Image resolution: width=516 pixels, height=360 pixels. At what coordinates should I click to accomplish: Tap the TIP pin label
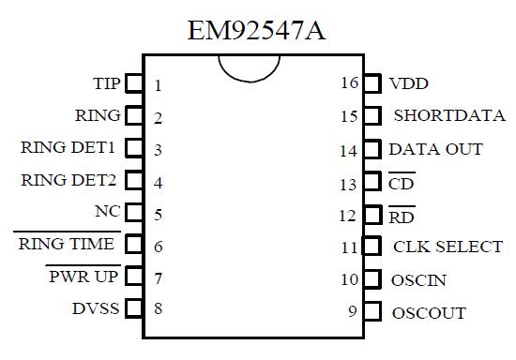point(106,83)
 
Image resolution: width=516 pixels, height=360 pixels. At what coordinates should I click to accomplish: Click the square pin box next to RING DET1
point(133,148)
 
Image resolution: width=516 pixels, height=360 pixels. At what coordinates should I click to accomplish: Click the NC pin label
point(108,212)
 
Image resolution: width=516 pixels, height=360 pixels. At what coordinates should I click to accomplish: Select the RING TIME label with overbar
point(68,244)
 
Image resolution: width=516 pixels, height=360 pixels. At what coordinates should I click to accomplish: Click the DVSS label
point(96,307)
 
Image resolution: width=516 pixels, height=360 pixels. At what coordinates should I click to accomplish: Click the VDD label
point(408,84)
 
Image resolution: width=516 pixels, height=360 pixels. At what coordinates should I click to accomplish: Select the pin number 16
point(349,83)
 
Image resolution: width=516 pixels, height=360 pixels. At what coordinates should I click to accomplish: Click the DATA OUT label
point(435,149)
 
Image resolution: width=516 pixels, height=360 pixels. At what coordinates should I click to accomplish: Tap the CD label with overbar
point(401,183)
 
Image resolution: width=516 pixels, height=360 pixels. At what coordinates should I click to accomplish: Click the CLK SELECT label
point(447,247)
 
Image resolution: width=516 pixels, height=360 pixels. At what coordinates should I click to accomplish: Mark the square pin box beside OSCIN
point(372,279)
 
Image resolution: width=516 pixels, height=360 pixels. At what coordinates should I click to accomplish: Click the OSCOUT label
point(428,312)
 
